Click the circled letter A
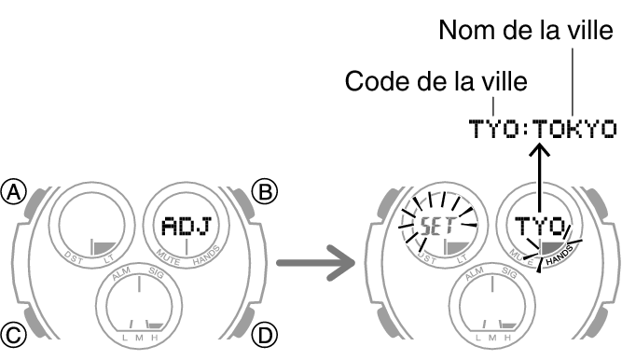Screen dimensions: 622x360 coord(14,193)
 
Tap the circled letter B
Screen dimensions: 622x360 coord(266,193)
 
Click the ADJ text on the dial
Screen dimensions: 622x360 coord(185,225)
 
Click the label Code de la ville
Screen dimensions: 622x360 coord(436,81)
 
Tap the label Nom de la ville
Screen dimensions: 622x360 coord(526,33)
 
